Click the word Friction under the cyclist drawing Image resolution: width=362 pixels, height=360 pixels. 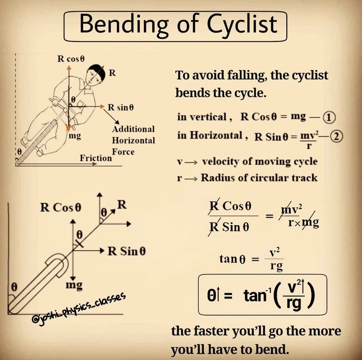pos(96,158)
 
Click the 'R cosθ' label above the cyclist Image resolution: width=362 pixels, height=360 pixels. pos(71,59)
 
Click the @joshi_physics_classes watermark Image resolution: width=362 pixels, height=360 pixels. pos(79,309)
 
